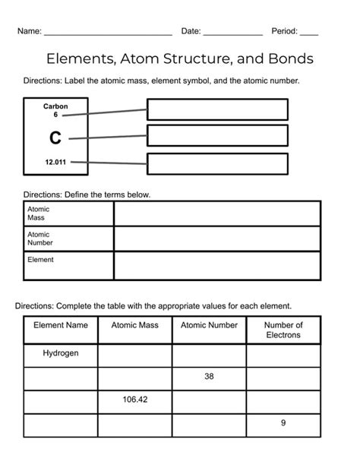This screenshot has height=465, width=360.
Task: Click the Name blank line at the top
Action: [x=108, y=34]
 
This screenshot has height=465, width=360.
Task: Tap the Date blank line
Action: [x=232, y=34]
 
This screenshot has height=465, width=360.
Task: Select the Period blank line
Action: [x=308, y=34]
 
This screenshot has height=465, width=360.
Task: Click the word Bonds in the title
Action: [x=287, y=59]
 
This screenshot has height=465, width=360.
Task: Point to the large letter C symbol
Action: [x=55, y=138]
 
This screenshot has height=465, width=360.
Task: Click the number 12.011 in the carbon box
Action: [x=55, y=162]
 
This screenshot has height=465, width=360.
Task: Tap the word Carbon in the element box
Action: [x=55, y=106]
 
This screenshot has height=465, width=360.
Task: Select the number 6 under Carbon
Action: [x=55, y=115]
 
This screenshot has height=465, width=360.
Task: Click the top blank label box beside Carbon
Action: [x=217, y=109]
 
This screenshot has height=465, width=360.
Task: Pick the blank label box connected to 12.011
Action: [x=217, y=163]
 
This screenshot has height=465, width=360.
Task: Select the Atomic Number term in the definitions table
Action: [x=39, y=239]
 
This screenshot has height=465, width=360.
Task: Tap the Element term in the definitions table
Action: [x=40, y=260]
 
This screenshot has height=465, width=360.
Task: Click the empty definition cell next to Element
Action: [x=216, y=266]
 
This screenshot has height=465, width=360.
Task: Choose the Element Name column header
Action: [x=61, y=325]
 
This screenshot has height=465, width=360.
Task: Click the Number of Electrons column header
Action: [x=283, y=330]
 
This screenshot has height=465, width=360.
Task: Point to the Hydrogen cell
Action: [x=61, y=354]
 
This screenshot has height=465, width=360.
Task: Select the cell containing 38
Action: [x=209, y=377]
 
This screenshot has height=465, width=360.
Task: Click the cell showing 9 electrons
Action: [x=283, y=423]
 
